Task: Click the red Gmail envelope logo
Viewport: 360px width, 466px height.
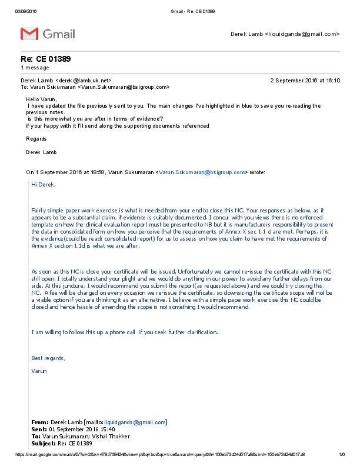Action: [29, 34]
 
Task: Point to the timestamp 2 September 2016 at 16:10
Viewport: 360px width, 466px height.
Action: [305, 80]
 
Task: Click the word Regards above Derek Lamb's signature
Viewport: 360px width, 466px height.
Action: [36, 139]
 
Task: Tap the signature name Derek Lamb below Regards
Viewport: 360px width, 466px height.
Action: [41, 152]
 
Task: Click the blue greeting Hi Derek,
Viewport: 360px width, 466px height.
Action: [44, 184]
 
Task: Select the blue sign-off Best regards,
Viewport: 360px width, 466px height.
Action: [48, 358]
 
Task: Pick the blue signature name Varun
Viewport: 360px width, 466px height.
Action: [39, 371]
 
